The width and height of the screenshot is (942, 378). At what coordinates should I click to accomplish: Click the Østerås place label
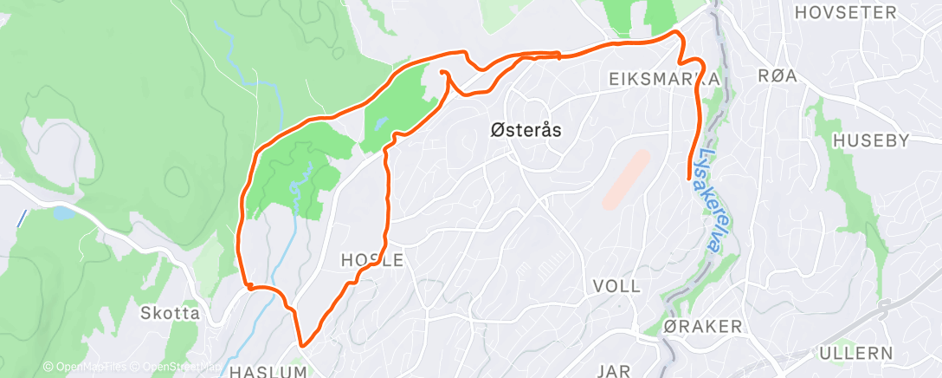(x=526, y=131)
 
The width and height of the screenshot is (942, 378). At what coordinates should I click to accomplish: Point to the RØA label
(x=777, y=76)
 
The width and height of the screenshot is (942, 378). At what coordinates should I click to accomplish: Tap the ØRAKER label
(x=702, y=327)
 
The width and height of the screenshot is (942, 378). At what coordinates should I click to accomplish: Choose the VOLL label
(x=617, y=286)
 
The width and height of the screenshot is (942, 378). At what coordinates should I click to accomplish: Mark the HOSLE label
(x=372, y=259)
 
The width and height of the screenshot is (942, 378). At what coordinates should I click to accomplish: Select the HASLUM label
(x=268, y=372)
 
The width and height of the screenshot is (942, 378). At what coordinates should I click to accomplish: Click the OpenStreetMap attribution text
(x=178, y=367)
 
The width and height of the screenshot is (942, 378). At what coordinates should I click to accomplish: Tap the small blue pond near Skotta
(x=62, y=212)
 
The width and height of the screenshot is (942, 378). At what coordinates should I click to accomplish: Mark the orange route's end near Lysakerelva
(x=689, y=178)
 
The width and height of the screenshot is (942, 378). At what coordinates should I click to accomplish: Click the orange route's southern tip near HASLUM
(x=303, y=345)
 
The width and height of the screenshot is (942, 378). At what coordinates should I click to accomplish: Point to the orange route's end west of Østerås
(x=442, y=72)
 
